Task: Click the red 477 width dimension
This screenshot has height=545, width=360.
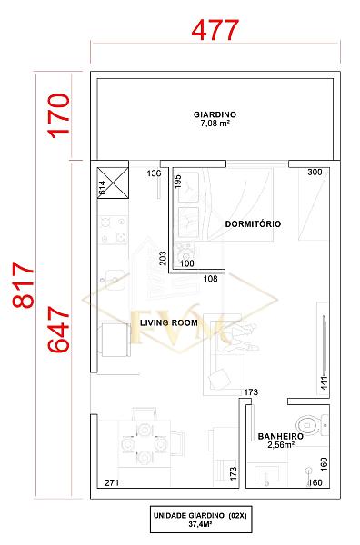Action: (x=215, y=30)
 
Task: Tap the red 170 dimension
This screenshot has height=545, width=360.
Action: (x=59, y=116)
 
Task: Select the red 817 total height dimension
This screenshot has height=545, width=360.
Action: (x=24, y=285)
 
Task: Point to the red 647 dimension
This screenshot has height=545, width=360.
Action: (x=59, y=329)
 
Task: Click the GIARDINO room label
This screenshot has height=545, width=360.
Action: (x=215, y=114)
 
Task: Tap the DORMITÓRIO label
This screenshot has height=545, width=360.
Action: (x=253, y=223)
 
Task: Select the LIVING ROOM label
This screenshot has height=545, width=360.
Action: (x=169, y=322)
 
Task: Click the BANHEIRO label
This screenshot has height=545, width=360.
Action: (x=280, y=436)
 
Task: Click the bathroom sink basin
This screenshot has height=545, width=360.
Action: (x=266, y=475)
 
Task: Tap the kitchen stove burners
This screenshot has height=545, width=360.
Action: (x=113, y=230)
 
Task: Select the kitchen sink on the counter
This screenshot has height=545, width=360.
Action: (x=113, y=280)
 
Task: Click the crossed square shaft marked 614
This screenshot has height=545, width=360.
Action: (x=113, y=183)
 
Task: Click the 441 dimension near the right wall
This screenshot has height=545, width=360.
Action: (x=324, y=383)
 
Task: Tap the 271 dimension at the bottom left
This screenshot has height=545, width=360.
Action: (x=112, y=482)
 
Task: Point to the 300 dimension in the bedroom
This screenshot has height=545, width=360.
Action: (x=315, y=172)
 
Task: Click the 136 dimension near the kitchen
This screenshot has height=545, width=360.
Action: (x=154, y=173)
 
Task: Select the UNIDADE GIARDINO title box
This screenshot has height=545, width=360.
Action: (x=201, y=520)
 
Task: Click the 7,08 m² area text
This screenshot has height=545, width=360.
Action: (x=215, y=123)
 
